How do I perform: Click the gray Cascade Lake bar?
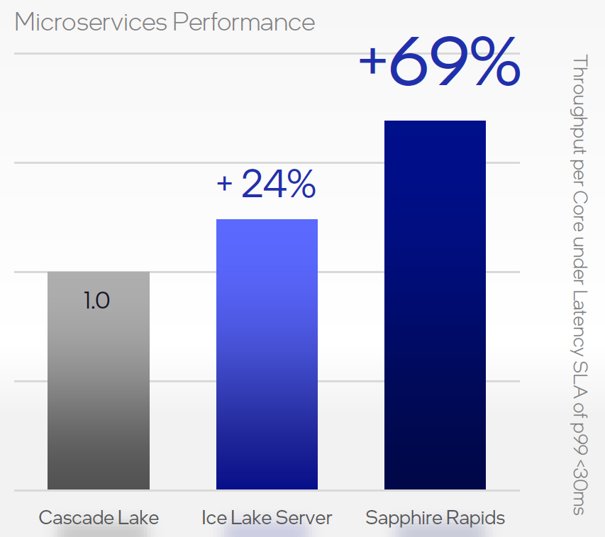tap(99, 380)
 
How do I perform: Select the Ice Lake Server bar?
tap(267, 354)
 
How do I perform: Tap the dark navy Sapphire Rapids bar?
tap(435, 305)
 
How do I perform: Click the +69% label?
tap(440, 61)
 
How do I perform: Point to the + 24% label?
tap(266, 184)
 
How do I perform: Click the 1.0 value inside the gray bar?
tap(97, 301)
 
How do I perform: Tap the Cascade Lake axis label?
tap(99, 518)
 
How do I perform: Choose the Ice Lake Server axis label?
tap(267, 518)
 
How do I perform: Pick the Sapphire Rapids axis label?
tap(435, 518)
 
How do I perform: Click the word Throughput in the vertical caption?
tap(579, 104)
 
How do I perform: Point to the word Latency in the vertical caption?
tap(579, 323)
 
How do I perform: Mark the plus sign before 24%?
tap(225, 184)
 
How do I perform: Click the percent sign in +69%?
tap(496, 61)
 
